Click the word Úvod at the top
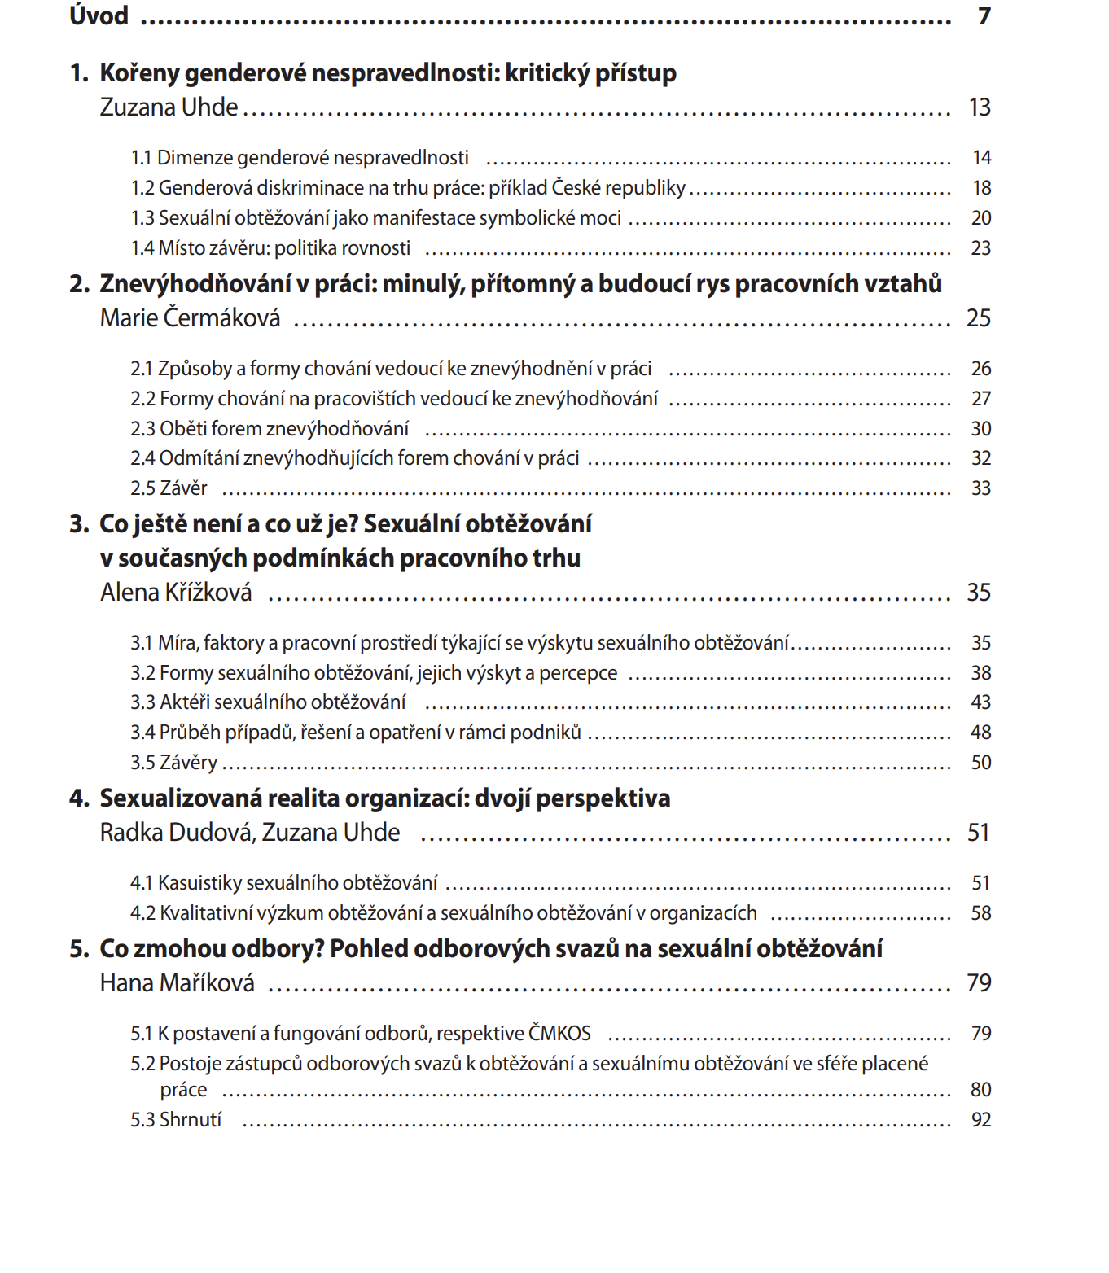(x=99, y=15)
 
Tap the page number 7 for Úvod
(x=984, y=16)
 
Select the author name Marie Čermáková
(x=190, y=317)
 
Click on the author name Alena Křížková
(x=176, y=592)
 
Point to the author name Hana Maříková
(x=177, y=982)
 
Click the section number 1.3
(x=142, y=218)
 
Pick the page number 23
(x=980, y=248)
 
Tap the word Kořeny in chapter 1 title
(x=139, y=73)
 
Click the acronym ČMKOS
(x=559, y=1033)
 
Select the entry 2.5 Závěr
(x=169, y=488)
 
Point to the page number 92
(x=981, y=1120)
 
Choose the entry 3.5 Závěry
(x=173, y=763)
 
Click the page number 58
(x=981, y=913)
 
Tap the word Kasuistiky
(x=199, y=883)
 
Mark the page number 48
(x=981, y=733)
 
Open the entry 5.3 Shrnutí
(x=176, y=1120)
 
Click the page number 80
(x=981, y=1090)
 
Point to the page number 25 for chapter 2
(x=979, y=317)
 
